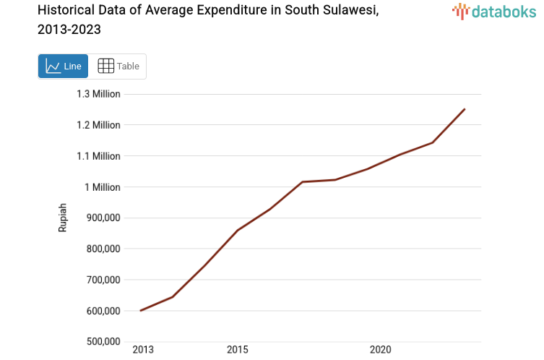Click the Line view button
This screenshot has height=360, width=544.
tap(63, 67)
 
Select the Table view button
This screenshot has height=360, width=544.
tap(118, 67)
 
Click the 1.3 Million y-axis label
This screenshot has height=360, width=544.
tap(98, 94)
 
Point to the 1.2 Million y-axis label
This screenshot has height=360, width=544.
tap(98, 125)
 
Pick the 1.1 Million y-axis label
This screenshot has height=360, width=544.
tap(98, 156)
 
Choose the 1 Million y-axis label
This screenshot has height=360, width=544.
tap(102, 187)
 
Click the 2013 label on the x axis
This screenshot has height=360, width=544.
tap(143, 350)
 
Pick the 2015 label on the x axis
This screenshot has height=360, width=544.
tap(237, 350)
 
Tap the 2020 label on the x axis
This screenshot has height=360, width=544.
tap(380, 350)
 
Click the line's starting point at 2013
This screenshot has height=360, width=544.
tap(141, 311)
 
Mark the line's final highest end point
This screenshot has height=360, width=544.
tap(465, 109)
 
